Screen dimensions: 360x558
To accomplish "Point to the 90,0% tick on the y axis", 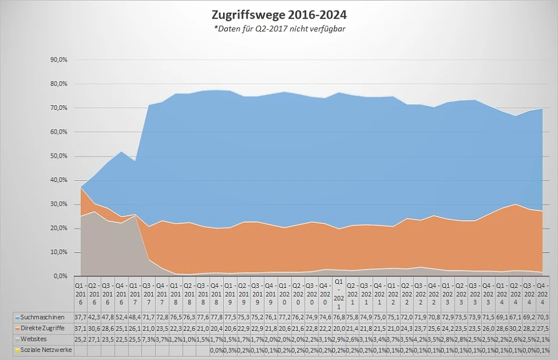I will [60, 60].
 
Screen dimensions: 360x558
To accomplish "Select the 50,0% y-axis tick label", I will [60, 156].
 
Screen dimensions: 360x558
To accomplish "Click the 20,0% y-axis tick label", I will [60, 228].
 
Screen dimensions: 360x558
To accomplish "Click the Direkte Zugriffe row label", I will [42, 328].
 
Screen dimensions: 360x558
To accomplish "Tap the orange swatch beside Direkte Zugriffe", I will [17, 329].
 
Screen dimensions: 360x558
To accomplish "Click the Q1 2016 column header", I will [80, 295].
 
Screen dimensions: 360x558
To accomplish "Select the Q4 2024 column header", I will [542, 295].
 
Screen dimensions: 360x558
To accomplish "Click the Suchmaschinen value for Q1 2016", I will [80, 318].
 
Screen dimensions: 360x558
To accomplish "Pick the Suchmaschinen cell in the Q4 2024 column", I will [542, 318].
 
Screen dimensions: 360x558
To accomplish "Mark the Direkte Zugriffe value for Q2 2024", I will [515, 328].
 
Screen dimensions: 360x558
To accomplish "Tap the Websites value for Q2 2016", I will [94, 338].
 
